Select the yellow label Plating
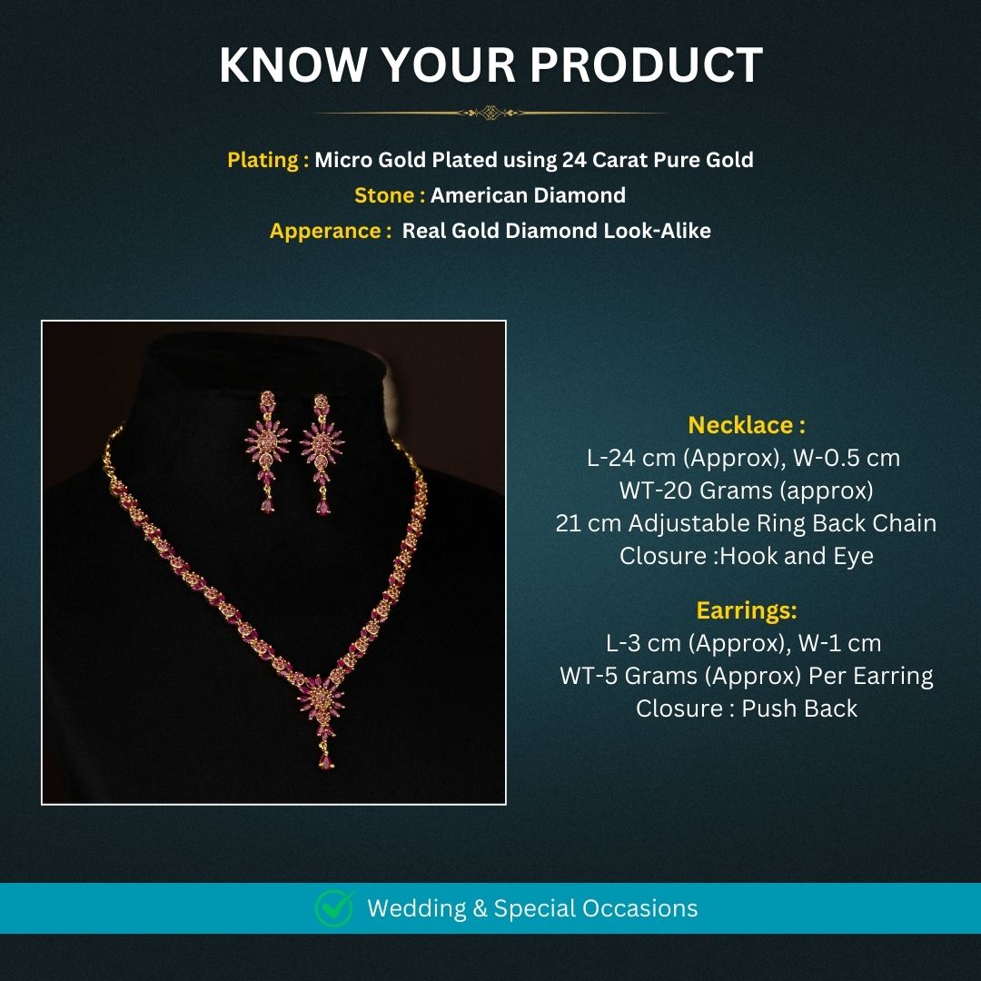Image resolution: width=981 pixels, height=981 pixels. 263,160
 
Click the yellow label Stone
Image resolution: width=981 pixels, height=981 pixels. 384,195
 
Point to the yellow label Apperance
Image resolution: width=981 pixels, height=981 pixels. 325,231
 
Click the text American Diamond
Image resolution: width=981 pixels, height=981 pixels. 528,195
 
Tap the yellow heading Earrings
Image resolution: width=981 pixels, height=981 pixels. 746,609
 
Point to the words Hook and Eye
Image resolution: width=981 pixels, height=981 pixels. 796,556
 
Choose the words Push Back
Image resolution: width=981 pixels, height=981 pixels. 799,708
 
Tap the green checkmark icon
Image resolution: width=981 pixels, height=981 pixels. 333,908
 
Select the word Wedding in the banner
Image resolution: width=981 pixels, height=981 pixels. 416,908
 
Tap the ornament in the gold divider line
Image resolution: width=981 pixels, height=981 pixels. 490,114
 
